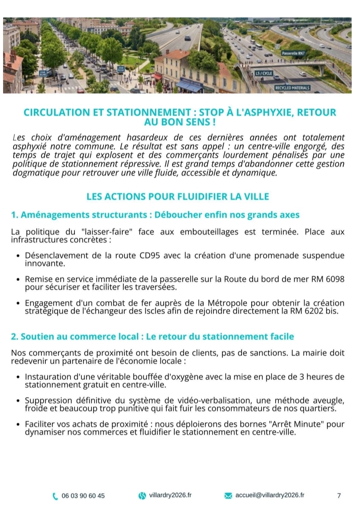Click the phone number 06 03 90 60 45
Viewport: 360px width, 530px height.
pos(83,496)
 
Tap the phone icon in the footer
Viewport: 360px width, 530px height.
pos(55,496)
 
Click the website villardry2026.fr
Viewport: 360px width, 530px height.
pos(170,495)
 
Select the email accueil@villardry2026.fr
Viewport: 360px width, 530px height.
pos(270,495)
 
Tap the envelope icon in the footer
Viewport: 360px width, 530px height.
pos(228,496)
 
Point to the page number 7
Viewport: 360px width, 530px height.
pos(339,496)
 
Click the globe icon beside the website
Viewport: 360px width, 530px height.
pos(142,496)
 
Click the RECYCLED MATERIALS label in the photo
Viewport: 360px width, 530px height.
pos(292,88)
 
